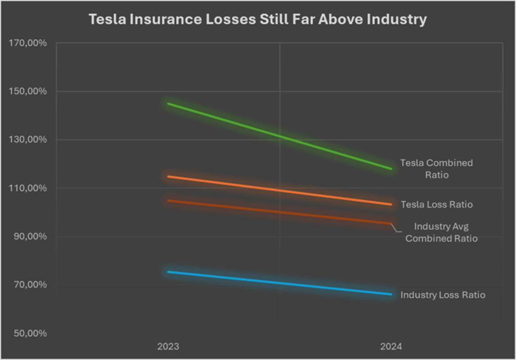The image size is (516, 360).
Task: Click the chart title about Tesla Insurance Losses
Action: click(x=257, y=20)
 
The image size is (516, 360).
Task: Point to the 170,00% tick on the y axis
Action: click(x=28, y=43)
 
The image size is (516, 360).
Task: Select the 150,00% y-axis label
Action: click(x=28, y=91)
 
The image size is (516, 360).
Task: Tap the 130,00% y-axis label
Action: click(x=28, y=139)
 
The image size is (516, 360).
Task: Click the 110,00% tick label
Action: click(x=28, y=188)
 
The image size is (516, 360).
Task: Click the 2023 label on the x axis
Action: click(x=168, y=347)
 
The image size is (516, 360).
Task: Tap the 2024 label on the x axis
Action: click(x=391, y=347)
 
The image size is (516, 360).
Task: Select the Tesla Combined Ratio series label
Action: click(x=436, y=169)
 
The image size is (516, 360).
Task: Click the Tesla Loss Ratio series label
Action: click(x=436, y=205)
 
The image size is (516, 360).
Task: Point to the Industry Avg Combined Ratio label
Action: click(x=441, y=233)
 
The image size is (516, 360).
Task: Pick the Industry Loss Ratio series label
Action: click(x=443, y=295)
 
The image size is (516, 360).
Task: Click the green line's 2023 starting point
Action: click(x=168, y=103)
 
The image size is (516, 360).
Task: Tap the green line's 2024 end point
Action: click(x=391, y=169)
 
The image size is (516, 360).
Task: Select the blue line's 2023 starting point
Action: click(x=168, y=272)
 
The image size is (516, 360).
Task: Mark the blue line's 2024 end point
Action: click(x=391, y=294)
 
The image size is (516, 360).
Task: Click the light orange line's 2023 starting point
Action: click(x=168, y=176)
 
